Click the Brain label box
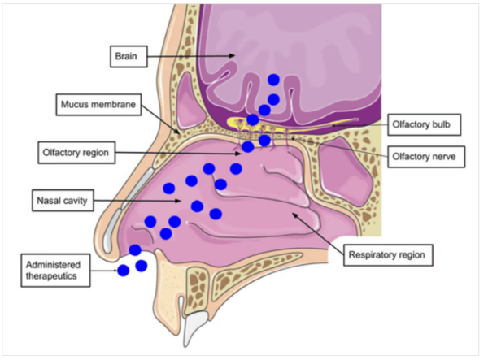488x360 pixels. click(x=127, y=56)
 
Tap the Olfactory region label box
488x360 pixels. click(x=77, y=151)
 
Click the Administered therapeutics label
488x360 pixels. click(x=54, y=270)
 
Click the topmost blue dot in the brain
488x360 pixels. click(x=274, y=80)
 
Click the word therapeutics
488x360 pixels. click(x=54, y=276)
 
